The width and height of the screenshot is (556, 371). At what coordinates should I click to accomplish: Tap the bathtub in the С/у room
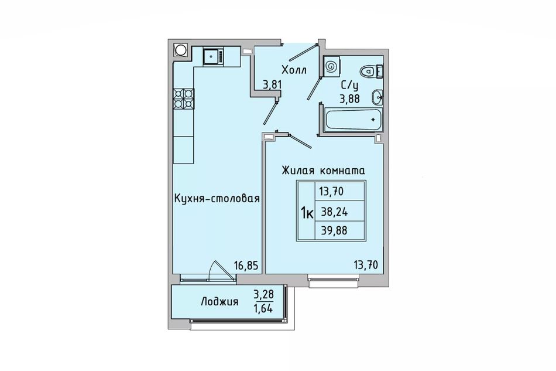pyautogui.click(x=353, y=120)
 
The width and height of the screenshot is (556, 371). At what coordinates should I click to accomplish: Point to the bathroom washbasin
pyautogui.click(x=377, y=97)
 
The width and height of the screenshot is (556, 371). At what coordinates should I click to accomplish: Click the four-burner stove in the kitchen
pyautogui.click(x=183, y=98)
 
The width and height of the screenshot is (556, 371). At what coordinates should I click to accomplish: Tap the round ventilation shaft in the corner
pyautogui.click(x=180, y=50)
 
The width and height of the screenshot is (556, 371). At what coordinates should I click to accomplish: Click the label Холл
pyautogui.click(x=294, y=70)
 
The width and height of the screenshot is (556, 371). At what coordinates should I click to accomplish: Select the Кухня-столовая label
pyautogui.click(x=217, y=198)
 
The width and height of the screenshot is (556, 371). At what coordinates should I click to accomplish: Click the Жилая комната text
pyautogui.click(x=324, y=171)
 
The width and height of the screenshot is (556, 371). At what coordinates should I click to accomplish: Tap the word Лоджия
pyautogui.click(x=219, y=302)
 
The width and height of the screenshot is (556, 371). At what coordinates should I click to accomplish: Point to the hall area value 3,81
pyautogui.click(x=272, y=84)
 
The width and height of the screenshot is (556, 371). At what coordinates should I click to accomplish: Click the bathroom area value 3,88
pyautogui.click(x=349, y=98)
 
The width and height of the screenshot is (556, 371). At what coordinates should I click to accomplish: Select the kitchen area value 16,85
pyautogui.click(x=246, y=265)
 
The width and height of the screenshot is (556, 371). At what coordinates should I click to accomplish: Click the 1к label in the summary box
pyautogui.click(x=307, y=213)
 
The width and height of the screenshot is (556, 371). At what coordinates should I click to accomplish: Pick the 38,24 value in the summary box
pyautogui.click(x=334, y=212)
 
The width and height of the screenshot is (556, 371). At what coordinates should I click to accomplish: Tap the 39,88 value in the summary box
pyautogui.click(x=334, y=231)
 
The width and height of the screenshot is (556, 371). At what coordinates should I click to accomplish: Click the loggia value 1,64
pyautogui.click(x=263, y=308)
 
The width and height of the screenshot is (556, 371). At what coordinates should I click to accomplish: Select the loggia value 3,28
pyautogui.click(x=263, y=294)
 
